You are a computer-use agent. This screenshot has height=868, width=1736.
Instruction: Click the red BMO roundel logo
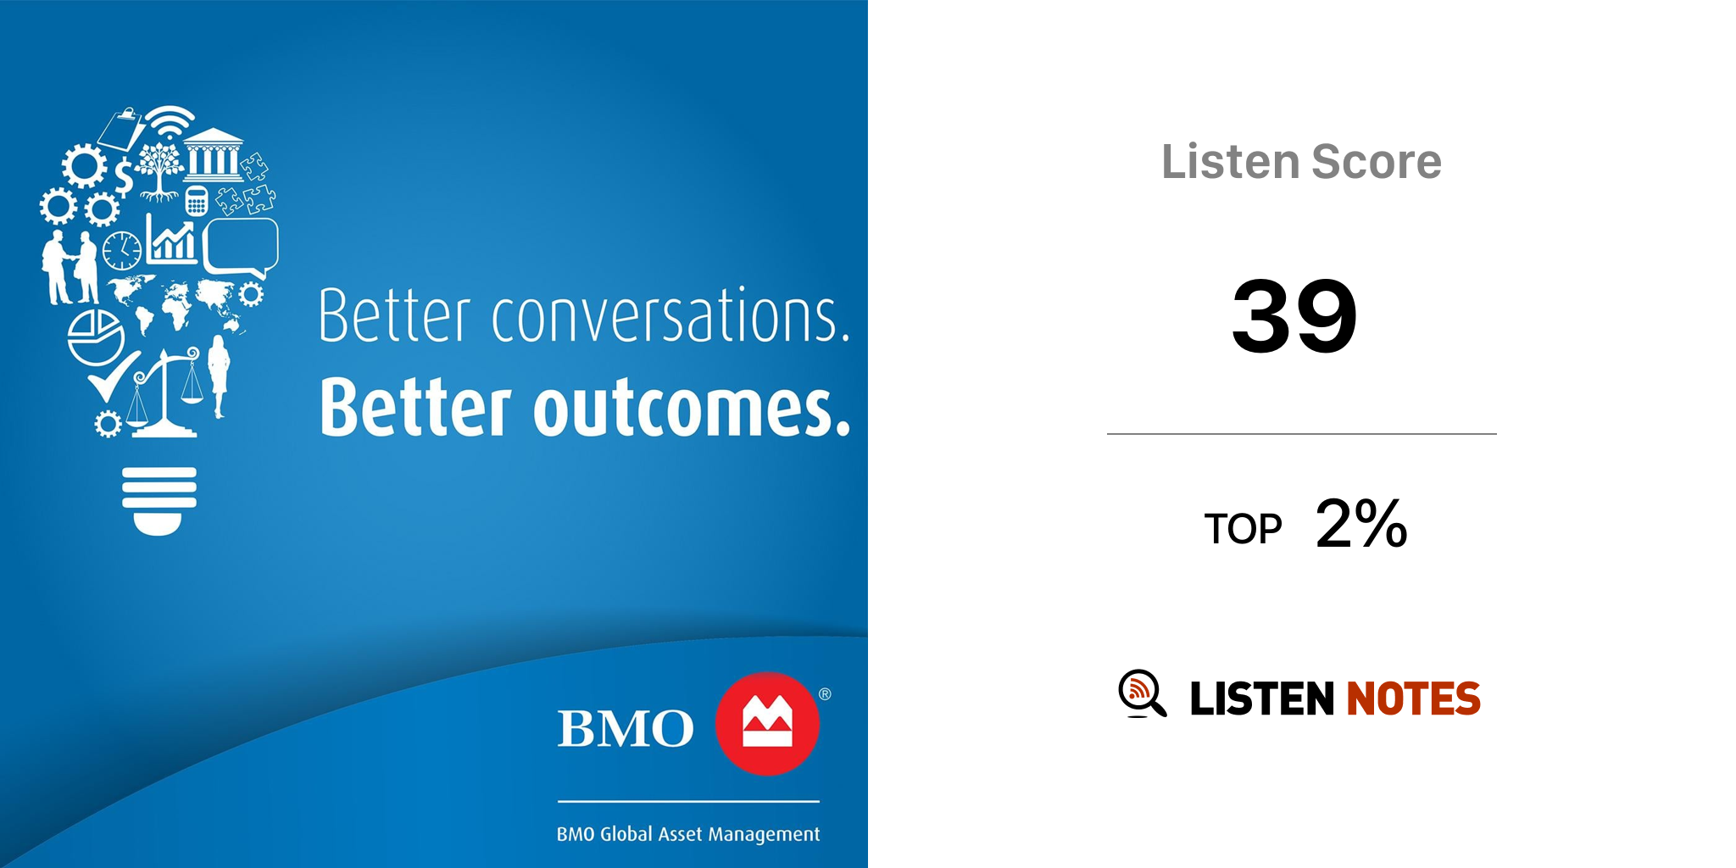point(767,724)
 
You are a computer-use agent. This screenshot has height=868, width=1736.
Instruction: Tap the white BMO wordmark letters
point(626,728)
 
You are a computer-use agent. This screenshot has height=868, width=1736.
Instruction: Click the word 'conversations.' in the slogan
point(670,316)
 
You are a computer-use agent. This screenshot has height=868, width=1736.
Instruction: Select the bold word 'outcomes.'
point(691,409)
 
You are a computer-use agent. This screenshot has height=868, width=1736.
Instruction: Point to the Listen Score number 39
point(1294,315)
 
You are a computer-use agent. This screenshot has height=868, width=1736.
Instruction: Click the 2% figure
point(1361,523)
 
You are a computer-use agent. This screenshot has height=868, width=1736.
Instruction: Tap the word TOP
point(1243,529)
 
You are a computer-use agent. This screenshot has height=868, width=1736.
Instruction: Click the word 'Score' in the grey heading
point(1377,161)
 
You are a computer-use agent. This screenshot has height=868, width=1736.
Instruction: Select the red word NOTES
point(1413,698)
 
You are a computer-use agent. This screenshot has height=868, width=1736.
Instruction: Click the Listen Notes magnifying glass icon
point(1142,693)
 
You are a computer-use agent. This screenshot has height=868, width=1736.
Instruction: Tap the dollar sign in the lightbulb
point(124,177)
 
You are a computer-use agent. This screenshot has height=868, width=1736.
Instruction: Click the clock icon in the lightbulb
point(122,251)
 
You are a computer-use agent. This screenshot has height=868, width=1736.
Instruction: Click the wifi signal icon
point(170,122)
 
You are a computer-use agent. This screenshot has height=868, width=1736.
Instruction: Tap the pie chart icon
point(96,337)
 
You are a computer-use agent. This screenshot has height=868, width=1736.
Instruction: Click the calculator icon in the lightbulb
point(197,201)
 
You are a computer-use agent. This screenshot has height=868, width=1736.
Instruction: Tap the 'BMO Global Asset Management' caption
point(688,835)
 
